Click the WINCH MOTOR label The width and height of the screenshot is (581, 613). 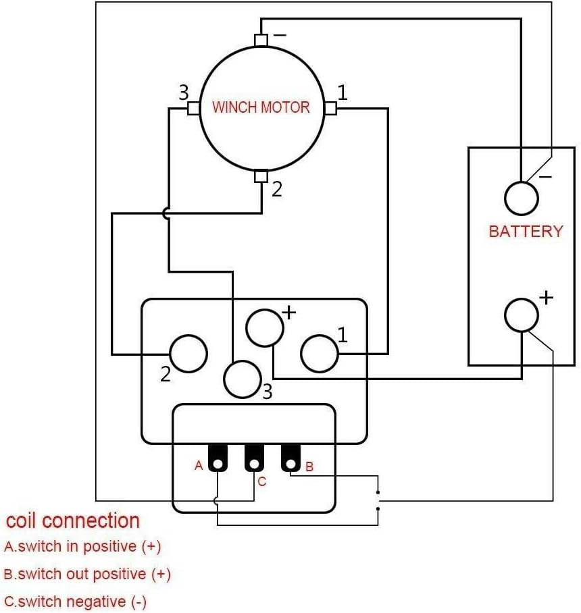[261, 107]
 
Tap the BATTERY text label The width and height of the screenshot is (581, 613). [526, 231]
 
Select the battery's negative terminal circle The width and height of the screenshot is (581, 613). [522, 198]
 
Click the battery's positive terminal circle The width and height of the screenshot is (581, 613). [522, 315]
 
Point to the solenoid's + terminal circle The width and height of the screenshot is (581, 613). [264, 328]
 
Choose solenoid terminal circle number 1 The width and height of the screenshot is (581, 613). [320, 354]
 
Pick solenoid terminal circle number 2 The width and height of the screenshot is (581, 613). [188, 354]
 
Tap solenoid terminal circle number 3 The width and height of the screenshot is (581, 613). [242, 379]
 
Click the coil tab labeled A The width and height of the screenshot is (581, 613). [218, 458]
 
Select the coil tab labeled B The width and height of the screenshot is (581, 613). [290, 458]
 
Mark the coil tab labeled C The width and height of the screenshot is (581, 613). [254, 458]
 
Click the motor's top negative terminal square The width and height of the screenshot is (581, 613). [261, 41]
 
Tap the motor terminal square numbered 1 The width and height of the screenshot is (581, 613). [330, 108]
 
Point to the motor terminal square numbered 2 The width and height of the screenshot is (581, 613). [261, 176]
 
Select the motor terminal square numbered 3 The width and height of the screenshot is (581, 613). [194, 108]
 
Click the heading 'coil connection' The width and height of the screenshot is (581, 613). [73, 521]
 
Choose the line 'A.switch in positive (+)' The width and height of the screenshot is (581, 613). [82, 547]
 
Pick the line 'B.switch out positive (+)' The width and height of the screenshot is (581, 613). [87, 575]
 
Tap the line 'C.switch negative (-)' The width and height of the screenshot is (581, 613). [75, 602]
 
